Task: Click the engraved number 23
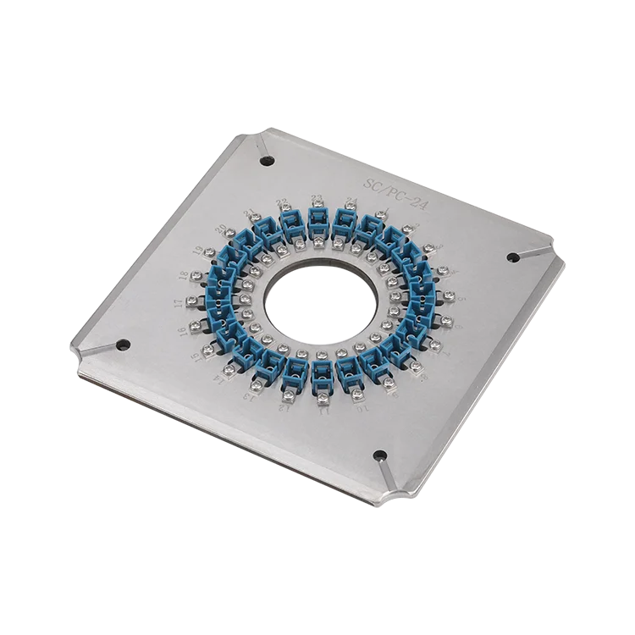[317, 200]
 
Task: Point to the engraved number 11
[323, 412]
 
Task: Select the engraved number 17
[179, 301]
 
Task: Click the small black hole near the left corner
[123, 345]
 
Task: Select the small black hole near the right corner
[512, 257]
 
